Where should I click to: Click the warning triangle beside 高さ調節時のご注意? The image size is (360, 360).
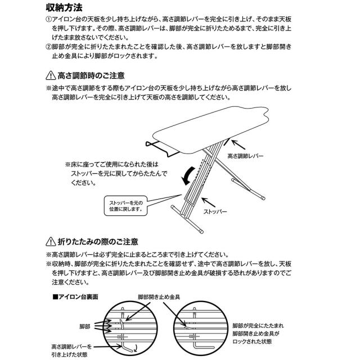[x=49, y=75]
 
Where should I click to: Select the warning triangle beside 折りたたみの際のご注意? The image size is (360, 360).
[x=49, y=242]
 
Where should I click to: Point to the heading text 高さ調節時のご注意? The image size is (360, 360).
[x=92, y=75]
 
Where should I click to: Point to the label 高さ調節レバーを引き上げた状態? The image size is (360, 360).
[x=74, y=352]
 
